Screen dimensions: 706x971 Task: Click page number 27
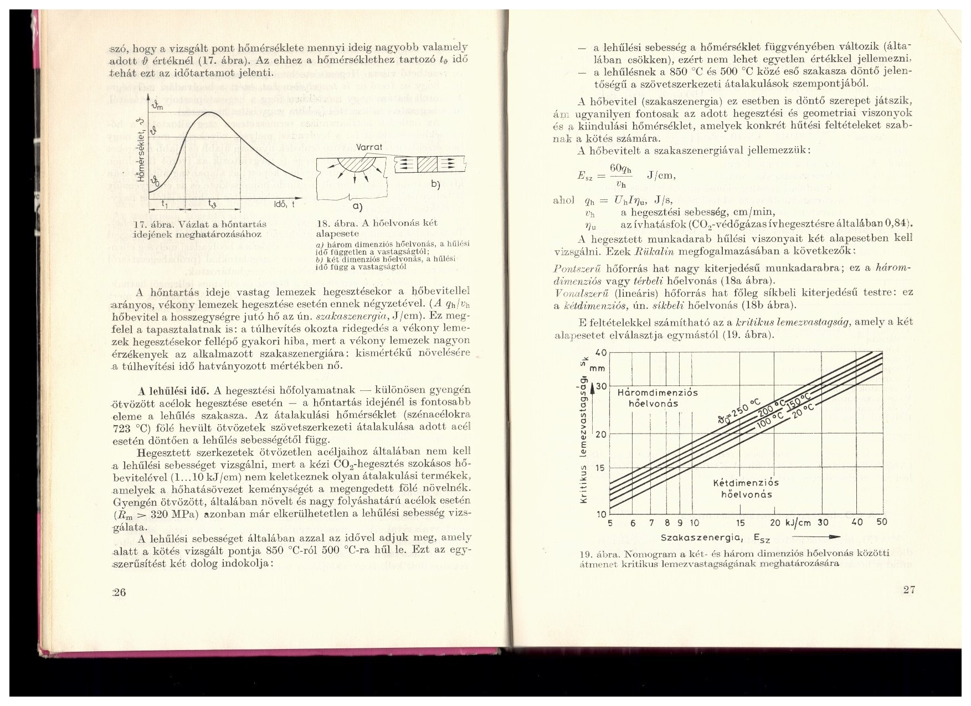coord(909,589)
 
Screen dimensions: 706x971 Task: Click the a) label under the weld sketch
coord(357,207)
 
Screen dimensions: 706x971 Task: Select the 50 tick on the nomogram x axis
coord(882,522)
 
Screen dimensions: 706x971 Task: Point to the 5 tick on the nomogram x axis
coord(610,523)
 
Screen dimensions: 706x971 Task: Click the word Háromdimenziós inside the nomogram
coord(657,393)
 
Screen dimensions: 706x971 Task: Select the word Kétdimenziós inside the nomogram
coord(746,482)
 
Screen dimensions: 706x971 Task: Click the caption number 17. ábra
coord(153,224)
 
